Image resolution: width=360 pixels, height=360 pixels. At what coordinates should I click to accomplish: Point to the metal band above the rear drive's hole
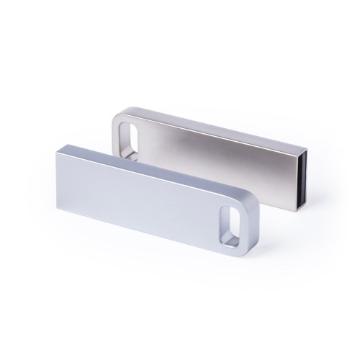click(x=132, y=115)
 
